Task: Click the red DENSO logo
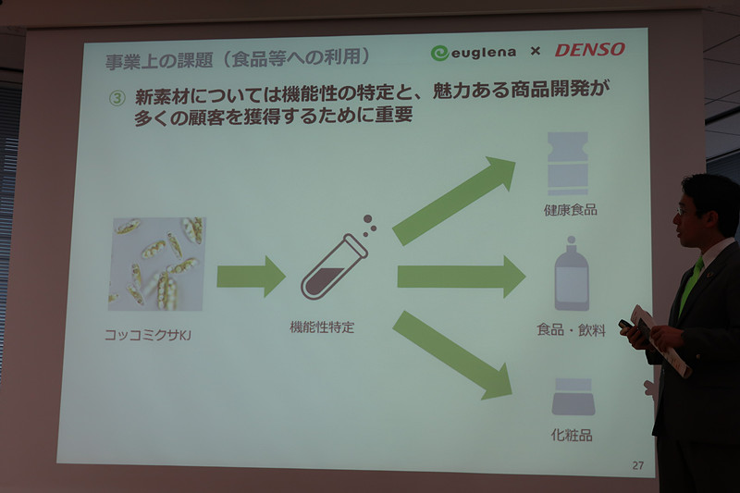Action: point(589,49)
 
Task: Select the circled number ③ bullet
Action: point(116,96)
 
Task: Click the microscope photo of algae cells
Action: point(156,264)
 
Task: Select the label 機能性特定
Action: point(322,327)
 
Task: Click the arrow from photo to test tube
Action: point(251,276)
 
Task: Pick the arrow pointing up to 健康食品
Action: point(453,202)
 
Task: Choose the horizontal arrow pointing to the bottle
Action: point(461,276)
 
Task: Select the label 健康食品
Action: point(570,209)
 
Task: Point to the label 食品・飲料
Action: point(571,329)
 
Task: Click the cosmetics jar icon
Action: point(573,397)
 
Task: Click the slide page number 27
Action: point(637,465)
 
